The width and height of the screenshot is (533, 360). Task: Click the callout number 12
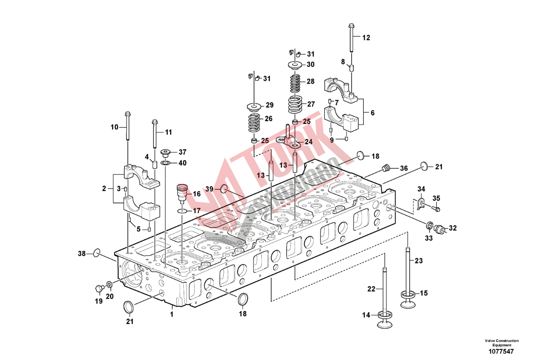(x=366, y=38)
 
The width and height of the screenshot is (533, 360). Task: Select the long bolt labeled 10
(x=127, y=127)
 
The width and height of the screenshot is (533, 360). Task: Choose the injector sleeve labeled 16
(x=183, y=193)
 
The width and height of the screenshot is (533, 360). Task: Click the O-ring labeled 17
(x=181, y=211)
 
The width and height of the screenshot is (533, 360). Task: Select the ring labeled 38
(x=96, y=253)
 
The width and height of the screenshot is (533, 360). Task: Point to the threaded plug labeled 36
(x=386, y=168)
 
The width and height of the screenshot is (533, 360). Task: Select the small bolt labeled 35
(x=436, y=209)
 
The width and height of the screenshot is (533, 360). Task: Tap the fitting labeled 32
(x=439, y=228)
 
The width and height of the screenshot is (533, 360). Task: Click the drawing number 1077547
(x=501, y=351)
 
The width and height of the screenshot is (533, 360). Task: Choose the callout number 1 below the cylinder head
(x=172, y=313)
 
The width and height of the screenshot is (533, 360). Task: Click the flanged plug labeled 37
(x=165, y=152)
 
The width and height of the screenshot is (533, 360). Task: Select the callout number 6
(x=372, y=113)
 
